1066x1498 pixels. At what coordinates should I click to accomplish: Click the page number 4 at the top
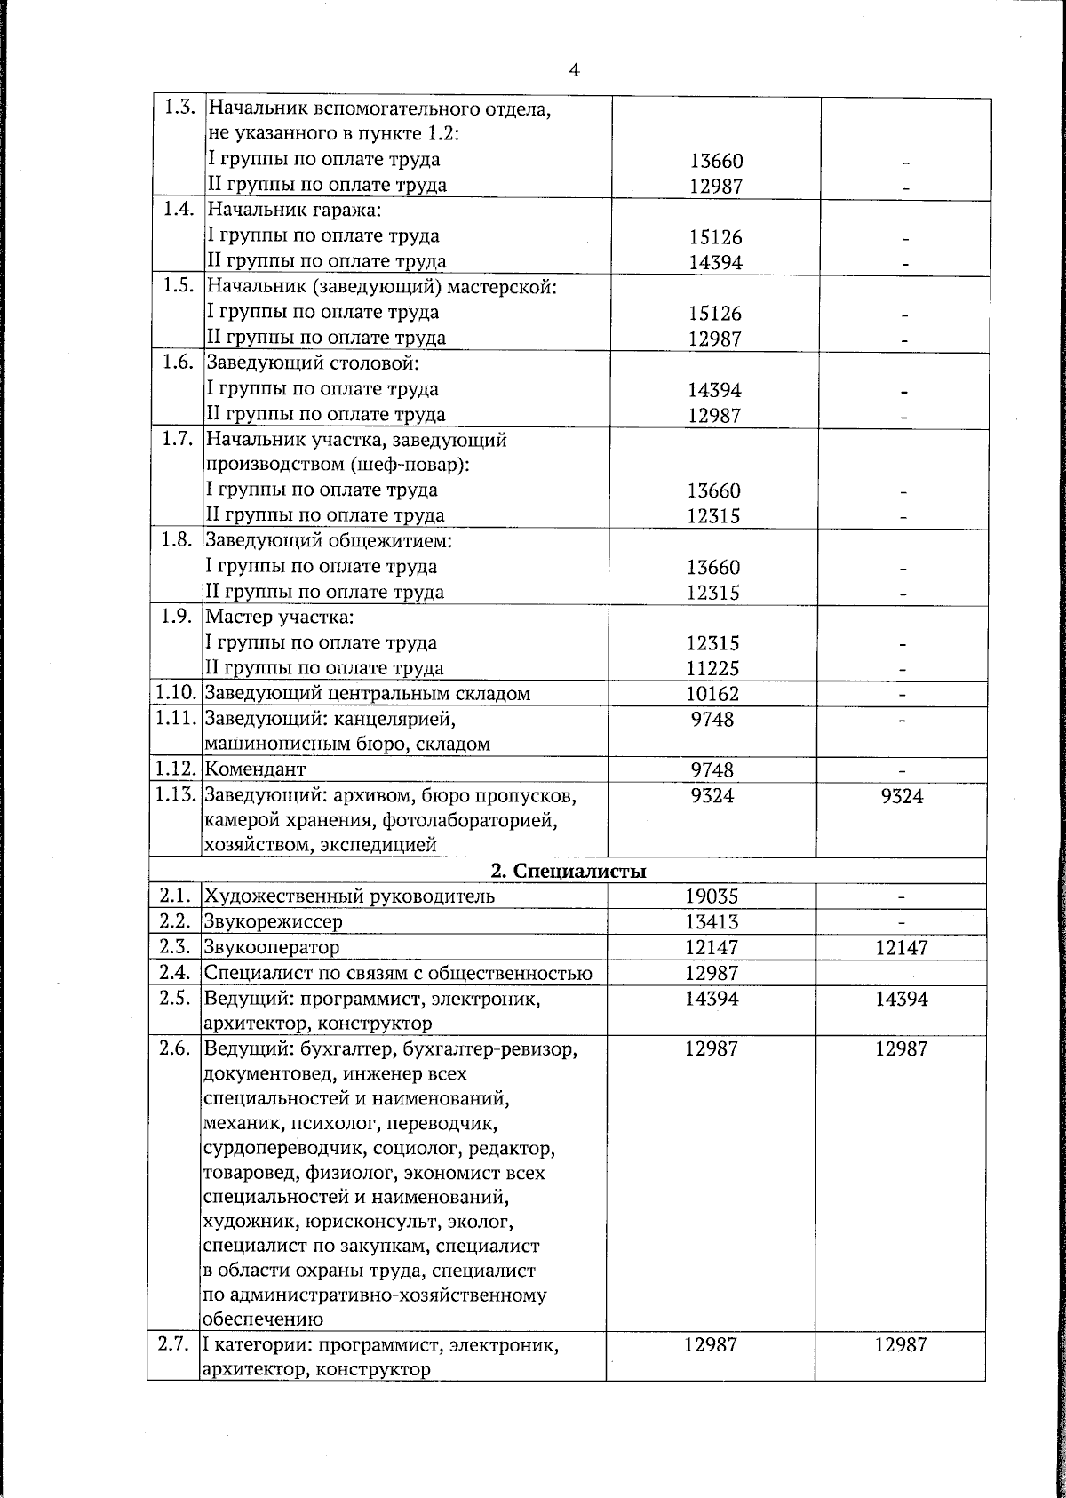(x=575, y=70)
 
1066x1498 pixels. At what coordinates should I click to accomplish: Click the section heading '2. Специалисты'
(x=569, y=871)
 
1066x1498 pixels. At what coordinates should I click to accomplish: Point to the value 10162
(x=712, y=694)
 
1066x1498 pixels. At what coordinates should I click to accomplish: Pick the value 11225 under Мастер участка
(x=712, y=668)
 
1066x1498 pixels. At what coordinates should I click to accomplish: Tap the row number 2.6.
(x=174, y=1049)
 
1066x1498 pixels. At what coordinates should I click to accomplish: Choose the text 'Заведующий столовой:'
(x=312, y=363)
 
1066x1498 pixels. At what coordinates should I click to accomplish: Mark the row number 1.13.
(x=175, y=795)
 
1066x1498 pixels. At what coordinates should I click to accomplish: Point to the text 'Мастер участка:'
(x=280, y=617)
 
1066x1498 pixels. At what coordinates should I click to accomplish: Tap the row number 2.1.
(x=174, y=896)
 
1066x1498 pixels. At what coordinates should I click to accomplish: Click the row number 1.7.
(x=178, y=439)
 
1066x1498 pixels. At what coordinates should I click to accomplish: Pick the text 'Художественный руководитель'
(x=350, y=896)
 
